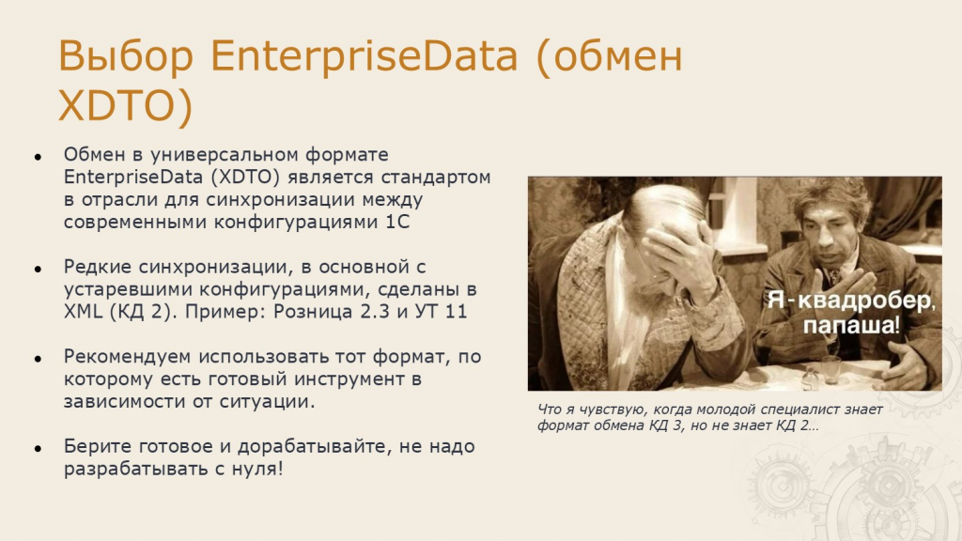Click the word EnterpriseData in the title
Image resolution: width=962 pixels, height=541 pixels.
(364, 56)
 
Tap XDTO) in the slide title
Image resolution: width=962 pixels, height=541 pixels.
(126, 106)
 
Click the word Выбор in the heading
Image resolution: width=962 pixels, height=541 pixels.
(126, 56)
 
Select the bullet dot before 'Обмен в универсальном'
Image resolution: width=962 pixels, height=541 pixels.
(38, 157)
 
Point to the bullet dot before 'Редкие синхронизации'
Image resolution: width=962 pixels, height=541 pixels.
(38, 270)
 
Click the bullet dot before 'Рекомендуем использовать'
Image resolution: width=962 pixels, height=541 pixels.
(38, 359)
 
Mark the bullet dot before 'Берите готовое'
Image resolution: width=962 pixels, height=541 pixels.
(38, 449)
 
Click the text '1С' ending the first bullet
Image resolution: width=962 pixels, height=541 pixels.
(397, 222)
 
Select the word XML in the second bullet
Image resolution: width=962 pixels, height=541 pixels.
(83, 312)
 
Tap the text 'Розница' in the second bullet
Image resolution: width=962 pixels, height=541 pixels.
(313, 312)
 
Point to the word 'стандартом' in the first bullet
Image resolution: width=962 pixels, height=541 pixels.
(436, 178)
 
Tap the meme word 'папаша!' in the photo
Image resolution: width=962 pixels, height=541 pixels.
(851, 324)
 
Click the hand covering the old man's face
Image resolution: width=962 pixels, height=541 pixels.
(678, 252)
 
